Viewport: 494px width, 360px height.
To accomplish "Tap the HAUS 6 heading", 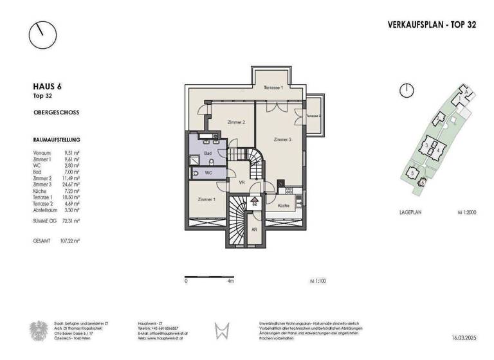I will click(47, 86).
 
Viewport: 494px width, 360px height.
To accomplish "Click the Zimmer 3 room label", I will click(282, 139).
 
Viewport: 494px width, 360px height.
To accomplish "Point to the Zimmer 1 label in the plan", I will click(206, 200).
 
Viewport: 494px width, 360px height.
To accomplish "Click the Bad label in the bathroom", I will click(208, 154).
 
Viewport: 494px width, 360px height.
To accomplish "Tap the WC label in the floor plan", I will click(208, 173).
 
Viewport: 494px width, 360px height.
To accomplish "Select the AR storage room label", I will click(254, 230).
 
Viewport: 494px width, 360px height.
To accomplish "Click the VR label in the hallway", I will click(242, 183).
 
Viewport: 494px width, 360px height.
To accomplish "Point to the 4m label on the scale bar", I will click(230, 281).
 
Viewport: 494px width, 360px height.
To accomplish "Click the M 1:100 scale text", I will click(317, 281).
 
